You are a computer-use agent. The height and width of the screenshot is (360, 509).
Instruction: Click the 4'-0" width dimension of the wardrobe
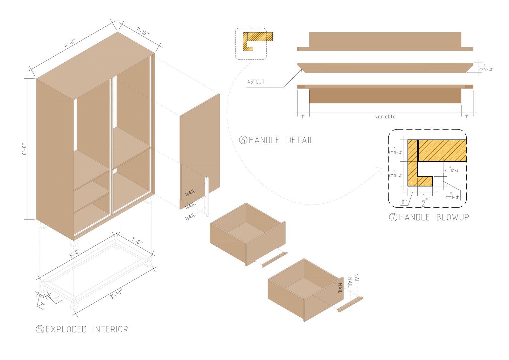[x=69, y=43]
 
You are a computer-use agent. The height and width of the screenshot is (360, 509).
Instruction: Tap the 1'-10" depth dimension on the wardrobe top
[x=143, y=31]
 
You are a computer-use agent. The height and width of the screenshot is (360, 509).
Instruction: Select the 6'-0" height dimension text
[x=24, y=149]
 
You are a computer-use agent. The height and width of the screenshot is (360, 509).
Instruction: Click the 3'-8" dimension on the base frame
[x=74, y=253]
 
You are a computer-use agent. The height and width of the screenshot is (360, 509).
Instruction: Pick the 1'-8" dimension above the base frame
[x=137, y=241]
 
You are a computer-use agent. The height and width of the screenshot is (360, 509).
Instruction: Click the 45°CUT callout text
[x=256, y=81]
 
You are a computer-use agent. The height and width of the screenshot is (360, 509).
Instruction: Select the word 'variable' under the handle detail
[x=385, y=117]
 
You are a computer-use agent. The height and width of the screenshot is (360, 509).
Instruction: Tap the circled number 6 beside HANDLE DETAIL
[x=243, y=140]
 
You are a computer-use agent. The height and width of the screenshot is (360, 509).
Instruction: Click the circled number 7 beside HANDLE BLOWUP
[x=393, y=217]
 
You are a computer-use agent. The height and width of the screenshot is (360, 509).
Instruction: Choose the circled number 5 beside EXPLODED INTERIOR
[x=40, y=329]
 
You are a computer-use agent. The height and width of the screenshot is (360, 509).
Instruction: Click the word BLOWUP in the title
[x=453, y=217]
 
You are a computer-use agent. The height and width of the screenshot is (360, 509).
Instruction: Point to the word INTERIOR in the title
[x=110, y=329]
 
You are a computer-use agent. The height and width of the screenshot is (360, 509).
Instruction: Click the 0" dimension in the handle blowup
[x=404, y=202]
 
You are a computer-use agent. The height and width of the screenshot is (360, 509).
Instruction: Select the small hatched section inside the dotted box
[x=257, y=41]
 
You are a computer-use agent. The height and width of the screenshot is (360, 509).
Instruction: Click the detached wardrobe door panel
[x=199, y=152]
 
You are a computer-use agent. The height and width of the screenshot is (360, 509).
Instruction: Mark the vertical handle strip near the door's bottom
[x=207, y=197]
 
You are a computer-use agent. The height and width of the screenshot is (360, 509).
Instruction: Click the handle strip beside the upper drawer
[x=275, y=260]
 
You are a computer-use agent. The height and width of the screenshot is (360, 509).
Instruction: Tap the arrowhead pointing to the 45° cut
[x=300, y=70]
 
